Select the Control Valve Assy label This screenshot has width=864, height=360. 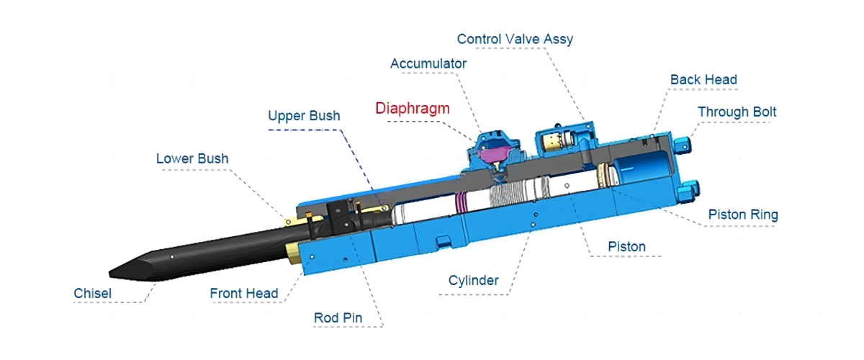click(x=515, y=39)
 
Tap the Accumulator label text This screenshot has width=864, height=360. click(x=428, y=63)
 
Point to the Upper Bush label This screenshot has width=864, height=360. click(x=304, y=115)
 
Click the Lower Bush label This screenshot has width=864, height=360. click(x=192, y=158)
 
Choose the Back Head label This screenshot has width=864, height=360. click(x=703, y=79)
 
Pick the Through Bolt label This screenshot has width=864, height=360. click(x=737, y=112)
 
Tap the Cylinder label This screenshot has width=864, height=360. click(x=473, y=280)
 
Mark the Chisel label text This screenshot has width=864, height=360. click(x=93, y=293)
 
